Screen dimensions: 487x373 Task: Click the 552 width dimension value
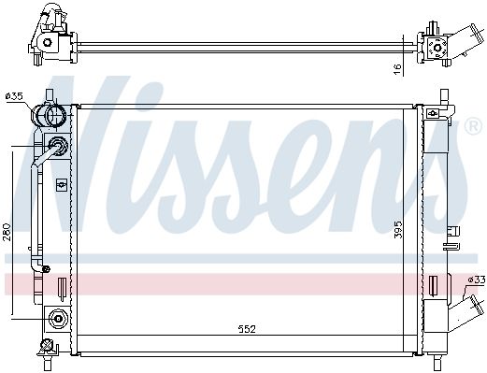pos(247,329)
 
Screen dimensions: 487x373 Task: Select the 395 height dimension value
pos(398,230)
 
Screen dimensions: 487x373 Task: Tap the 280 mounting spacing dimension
pos(7,232)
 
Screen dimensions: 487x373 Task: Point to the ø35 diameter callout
pos(14,96)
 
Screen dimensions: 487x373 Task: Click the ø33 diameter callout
pos(477,280)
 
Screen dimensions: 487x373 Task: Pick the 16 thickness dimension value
pos(397,69)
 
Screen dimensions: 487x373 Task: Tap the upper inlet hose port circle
pos(55,115)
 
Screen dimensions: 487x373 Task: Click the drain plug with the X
pos(47,345)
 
